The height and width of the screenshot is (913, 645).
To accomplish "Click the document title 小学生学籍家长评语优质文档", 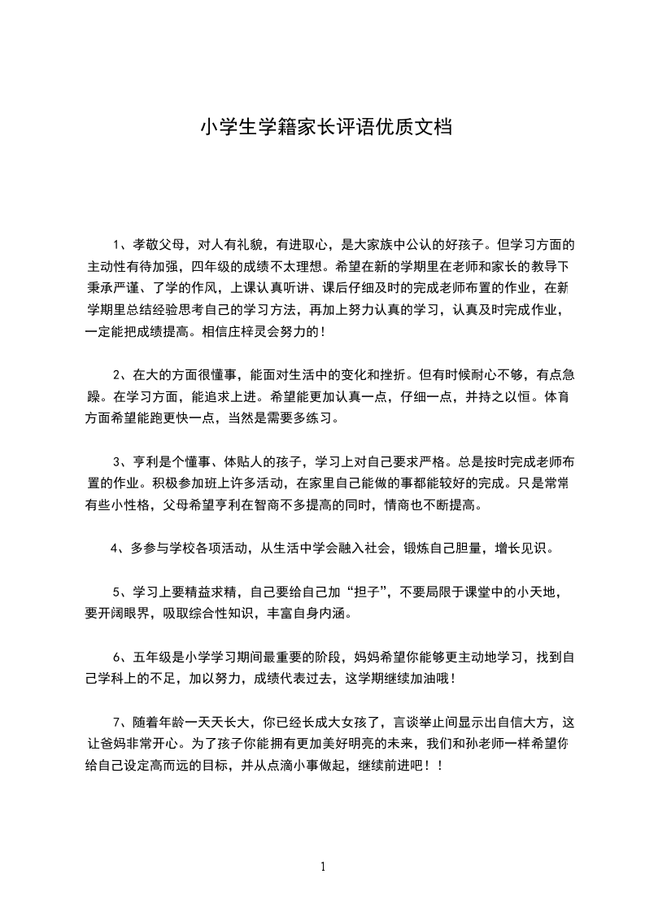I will [322, 128].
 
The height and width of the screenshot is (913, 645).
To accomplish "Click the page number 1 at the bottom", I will [323, 866].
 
